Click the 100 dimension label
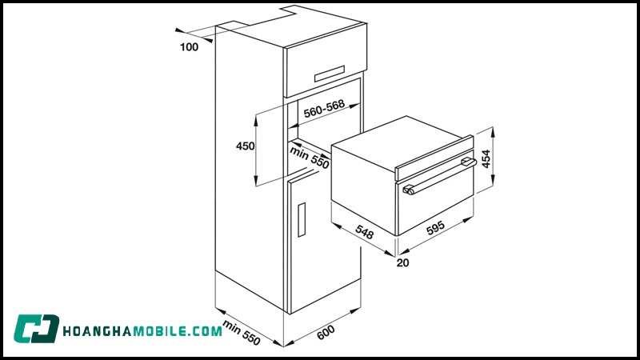(189, 47)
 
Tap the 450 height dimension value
(245, 146)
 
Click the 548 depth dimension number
(364, 233)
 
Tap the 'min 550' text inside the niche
(310, 156)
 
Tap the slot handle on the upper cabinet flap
(334, 74)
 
